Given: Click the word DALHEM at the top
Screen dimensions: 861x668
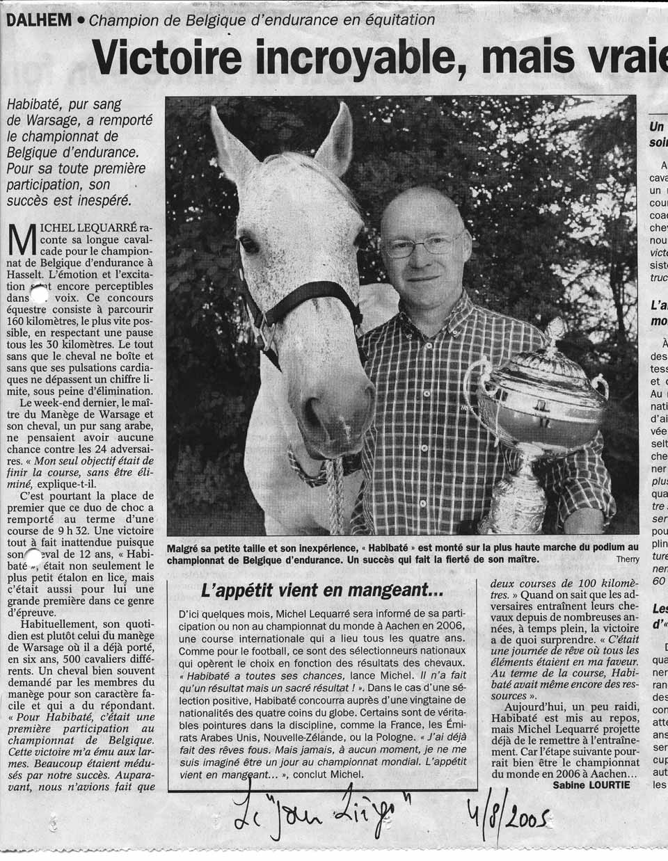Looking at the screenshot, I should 38,20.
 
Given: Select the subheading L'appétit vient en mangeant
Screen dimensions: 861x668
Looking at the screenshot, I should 321,592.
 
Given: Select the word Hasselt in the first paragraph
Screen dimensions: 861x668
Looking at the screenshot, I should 34,274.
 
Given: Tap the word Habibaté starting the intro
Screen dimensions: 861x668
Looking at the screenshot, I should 35,105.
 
